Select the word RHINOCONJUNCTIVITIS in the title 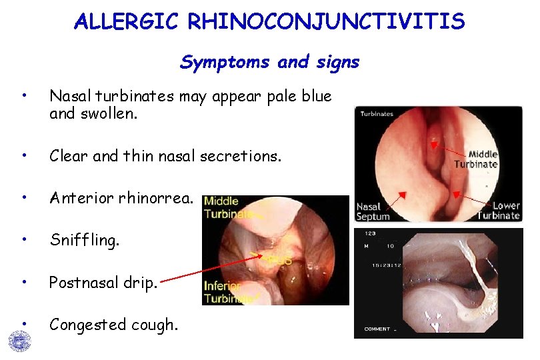coord(327,22)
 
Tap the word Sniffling coord(85,240)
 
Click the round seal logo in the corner coord(19,341)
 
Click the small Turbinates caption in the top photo coord(377,114)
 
